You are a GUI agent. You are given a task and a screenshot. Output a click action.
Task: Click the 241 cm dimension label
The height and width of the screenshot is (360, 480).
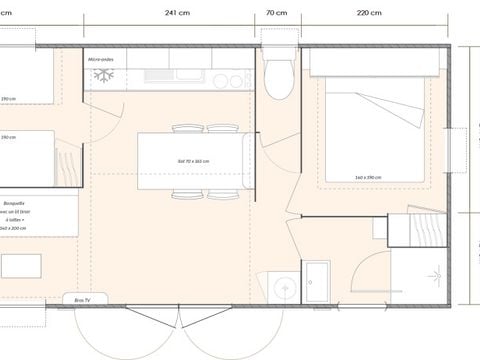(178, 13)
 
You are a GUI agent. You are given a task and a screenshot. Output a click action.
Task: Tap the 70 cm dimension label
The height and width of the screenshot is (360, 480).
(277, 13)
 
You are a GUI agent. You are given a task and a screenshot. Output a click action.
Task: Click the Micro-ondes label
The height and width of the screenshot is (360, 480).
(102, 60)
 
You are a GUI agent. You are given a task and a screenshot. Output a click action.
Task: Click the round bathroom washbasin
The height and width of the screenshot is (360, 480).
(286, 289)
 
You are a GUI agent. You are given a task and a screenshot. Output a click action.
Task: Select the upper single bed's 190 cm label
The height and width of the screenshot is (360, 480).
(8, 98)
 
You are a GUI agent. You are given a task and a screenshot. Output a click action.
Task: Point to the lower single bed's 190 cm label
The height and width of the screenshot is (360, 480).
(8, 137)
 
